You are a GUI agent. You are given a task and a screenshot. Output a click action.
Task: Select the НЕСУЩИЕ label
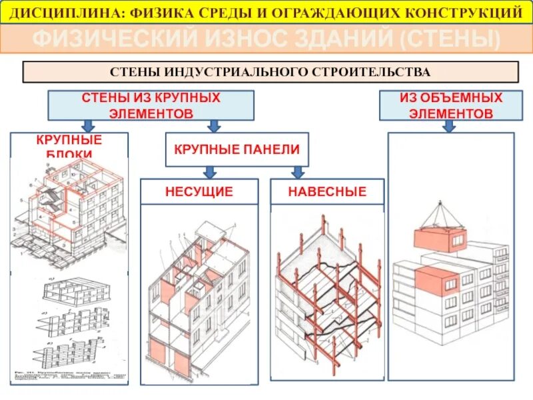pos(199,192)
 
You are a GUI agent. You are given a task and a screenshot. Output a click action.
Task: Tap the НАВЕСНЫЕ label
pos(326,192)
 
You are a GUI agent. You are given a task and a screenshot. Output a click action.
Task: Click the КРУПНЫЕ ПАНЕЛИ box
pos(237,149)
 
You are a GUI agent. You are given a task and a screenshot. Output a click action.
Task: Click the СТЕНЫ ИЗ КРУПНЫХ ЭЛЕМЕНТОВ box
pos(151,105)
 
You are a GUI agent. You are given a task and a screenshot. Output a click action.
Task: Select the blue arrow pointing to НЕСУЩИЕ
pos(209,172)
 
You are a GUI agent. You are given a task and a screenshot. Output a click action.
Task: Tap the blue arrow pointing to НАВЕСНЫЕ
pos(298,172)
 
